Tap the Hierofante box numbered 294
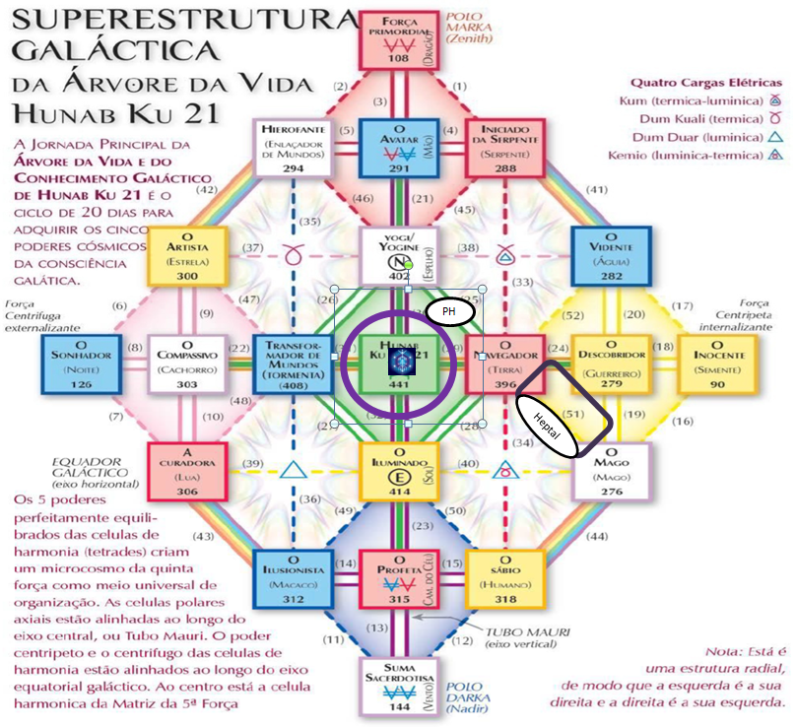pos(293,148)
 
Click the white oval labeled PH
pos(449,311)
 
